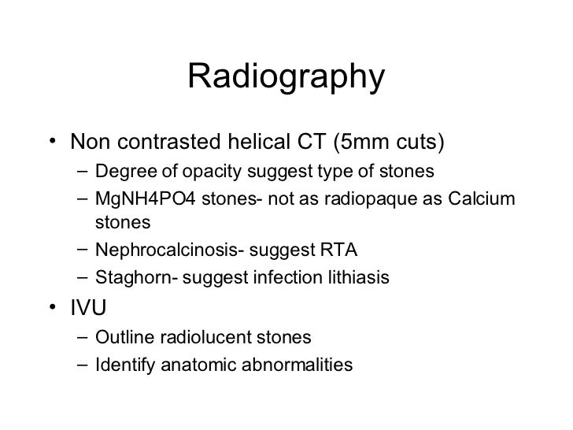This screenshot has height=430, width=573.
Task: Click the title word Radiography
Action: click(286, 77)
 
